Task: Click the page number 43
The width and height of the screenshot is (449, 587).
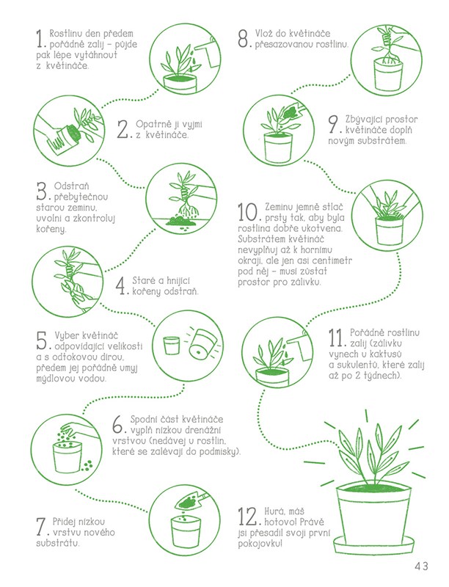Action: [421, 565]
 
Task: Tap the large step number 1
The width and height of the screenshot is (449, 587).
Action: [41, 40]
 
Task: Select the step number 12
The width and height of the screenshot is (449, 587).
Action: [247, 517]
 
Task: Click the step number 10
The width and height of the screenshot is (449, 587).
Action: [248, 212]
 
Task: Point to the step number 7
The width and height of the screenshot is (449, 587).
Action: [41, 527]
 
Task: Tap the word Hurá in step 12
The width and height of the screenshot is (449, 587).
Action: [274, 511]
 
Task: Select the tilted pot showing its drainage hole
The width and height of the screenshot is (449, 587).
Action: [201, 346]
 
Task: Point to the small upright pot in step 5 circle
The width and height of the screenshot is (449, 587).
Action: [172, 345]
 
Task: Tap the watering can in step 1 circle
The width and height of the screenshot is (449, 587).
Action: [206, 54]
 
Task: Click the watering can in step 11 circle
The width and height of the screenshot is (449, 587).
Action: [302, 346]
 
